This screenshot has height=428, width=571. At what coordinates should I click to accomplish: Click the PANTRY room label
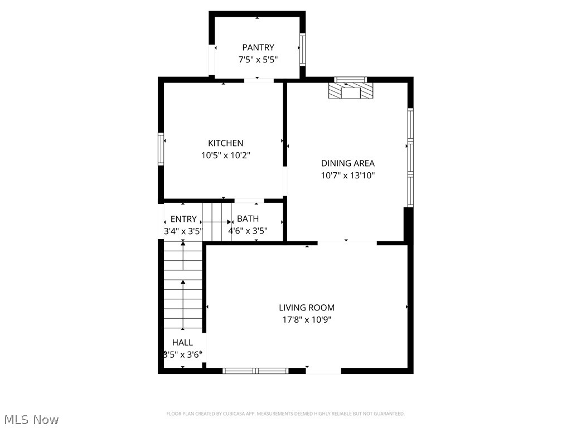click(258, 47)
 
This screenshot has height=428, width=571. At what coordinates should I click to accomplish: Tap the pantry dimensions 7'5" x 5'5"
click(258, 59)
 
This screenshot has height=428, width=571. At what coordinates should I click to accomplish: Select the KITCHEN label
click(225, 143)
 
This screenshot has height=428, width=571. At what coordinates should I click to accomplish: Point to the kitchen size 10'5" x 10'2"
click(225, 155)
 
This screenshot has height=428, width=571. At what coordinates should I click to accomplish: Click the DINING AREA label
click(347, 163)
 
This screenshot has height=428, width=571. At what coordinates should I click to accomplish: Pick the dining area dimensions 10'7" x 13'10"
click(347, 176)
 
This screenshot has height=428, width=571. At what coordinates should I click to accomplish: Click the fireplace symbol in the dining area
click(351, 92)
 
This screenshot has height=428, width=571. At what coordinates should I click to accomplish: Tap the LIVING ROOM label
click(307, 308)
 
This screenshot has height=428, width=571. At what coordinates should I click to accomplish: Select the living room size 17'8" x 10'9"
click(307, 320)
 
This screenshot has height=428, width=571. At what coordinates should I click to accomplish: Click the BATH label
click(248, 219)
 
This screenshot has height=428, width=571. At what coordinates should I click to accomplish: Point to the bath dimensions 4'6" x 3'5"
click(248, 231)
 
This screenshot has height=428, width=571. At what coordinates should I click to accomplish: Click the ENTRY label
click(183, 219)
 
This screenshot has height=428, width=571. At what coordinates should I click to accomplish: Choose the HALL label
click(182, 343)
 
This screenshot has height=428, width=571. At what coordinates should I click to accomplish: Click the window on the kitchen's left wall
click(161, 149)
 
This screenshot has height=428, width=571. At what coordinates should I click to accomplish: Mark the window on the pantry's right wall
click(302, 49)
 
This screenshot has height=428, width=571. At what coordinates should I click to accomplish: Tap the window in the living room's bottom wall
click(255, 371)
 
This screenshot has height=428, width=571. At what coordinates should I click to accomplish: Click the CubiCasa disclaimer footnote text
click(285, 414)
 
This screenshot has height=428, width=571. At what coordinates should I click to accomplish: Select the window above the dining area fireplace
click(350, 79)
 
